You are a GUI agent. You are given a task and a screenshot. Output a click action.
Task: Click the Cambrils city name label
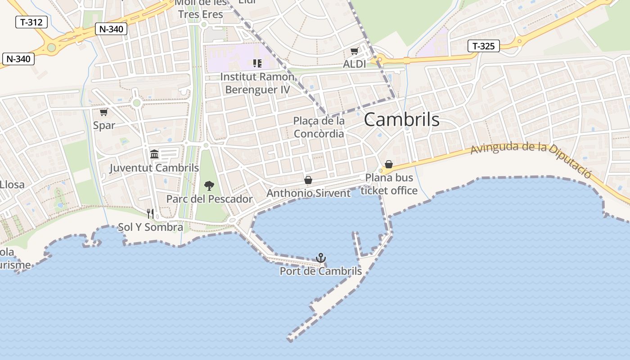401,120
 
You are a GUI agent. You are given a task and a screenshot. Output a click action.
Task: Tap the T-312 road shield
31,22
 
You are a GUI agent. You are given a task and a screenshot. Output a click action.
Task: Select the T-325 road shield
484,46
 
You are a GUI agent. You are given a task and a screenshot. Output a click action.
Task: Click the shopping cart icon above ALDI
355,52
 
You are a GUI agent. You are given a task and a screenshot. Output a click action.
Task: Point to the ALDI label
355,64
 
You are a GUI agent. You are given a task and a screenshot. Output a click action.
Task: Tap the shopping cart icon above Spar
104,112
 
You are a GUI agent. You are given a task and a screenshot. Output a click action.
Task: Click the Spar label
104,125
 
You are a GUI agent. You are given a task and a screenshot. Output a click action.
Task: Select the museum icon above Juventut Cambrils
154,154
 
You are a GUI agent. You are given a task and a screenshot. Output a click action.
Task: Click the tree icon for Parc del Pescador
209,185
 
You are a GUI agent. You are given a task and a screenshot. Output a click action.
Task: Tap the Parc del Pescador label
209,198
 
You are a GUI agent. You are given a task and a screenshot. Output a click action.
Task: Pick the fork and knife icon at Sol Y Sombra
150,213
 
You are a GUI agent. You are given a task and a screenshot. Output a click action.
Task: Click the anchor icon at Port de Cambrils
320,258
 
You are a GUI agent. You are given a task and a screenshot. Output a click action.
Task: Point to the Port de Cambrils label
320,271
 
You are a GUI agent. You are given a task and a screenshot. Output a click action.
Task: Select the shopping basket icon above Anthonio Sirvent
308,180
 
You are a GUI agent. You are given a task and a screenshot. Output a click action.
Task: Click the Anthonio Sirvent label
308,193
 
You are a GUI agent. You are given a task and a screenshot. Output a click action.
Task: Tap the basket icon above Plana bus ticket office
389,164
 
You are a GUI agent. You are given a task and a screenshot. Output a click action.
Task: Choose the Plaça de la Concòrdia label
319,127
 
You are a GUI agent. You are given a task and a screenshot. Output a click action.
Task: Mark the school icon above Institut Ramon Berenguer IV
257,63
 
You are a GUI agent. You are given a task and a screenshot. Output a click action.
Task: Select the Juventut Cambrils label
154,168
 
